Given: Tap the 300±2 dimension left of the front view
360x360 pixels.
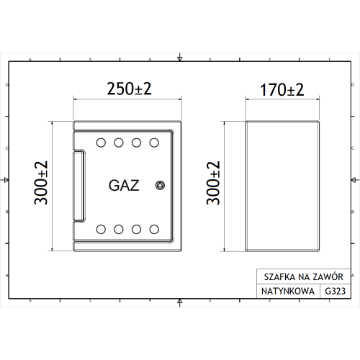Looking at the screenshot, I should (42, 184).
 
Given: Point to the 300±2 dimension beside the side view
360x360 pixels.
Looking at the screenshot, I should (214, 184).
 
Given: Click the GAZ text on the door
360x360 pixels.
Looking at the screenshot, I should (125, 184).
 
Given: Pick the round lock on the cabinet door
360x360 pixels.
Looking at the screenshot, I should (160, 186).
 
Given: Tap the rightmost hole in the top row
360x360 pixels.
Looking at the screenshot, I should (153, 141).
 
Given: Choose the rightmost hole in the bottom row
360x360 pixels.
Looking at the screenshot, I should (153, 230).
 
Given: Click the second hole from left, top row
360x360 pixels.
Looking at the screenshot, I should (119, 141).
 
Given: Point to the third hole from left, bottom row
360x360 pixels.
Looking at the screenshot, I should (136, 230).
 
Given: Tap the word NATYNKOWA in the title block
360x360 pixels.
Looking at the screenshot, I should (284, 292).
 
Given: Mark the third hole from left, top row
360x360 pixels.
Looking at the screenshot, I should (136, 141).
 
